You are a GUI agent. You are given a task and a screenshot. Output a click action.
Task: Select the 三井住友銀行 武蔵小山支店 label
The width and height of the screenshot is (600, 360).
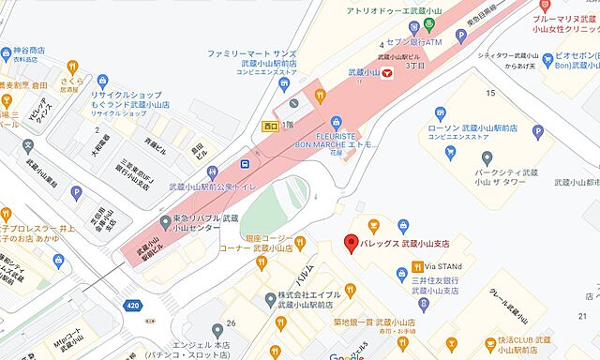[x=442, y=284]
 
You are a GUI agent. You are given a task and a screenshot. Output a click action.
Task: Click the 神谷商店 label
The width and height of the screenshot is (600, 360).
[x=22, y=51]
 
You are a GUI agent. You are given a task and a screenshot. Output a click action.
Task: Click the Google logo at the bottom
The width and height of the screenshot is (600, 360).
[x=346, y=356]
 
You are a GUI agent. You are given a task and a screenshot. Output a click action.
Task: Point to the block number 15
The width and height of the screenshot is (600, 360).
[x=489, y=93]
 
